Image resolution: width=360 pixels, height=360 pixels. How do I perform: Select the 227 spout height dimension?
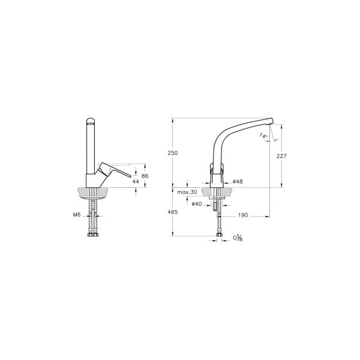pos(282,156)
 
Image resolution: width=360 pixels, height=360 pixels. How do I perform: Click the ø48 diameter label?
pos(238,181)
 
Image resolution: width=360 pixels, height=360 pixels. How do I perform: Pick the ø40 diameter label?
pos(196,203)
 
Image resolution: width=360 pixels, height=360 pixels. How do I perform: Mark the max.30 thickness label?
pos(187,192)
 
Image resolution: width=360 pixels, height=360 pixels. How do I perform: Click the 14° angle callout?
pos(264,137)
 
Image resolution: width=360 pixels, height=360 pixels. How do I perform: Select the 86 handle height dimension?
pos(144,175)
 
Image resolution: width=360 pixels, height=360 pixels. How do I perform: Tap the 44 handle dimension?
pos(135,181)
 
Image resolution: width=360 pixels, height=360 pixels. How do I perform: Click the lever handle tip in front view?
pos(128,176)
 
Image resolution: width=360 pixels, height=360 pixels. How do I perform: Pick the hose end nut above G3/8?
pos(217,235)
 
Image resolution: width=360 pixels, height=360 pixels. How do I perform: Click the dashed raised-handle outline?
pos(120,163)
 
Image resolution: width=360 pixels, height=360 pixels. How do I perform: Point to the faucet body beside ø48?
pos(217,178)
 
